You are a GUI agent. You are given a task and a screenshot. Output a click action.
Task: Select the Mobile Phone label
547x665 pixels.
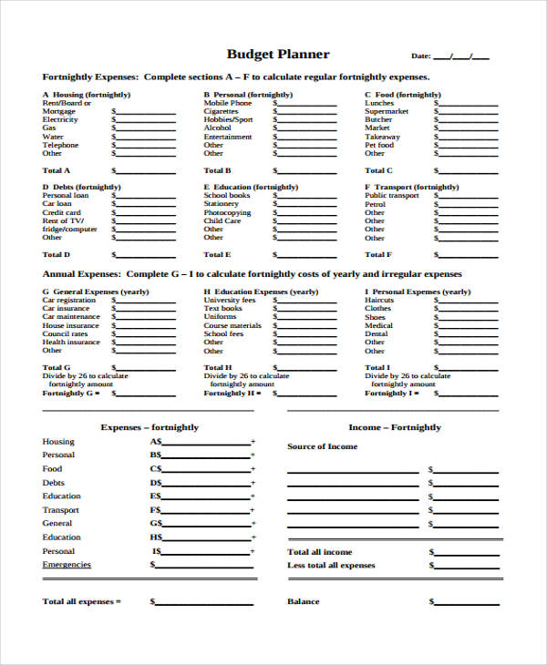pos(228,103)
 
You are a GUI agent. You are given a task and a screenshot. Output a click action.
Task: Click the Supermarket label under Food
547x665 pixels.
pos(387,111)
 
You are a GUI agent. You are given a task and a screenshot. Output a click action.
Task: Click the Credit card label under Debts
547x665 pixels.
pos(62,212)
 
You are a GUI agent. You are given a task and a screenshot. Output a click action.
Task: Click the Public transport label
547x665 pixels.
pos(392,195)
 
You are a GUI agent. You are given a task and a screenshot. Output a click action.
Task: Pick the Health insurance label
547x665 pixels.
pos(71,342)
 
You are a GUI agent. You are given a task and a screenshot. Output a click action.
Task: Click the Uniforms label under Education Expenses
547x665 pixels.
pos(220,317)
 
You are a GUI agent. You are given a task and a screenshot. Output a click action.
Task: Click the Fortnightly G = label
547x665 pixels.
pos(68,393)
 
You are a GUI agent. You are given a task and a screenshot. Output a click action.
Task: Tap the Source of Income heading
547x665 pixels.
pos(323,446)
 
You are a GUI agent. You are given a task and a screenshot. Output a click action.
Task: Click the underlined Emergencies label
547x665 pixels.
pos(67,565)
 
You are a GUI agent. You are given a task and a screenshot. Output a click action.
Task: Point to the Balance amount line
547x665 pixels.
pos(466,602)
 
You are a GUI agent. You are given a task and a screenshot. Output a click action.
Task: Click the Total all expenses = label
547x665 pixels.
pos(81,601)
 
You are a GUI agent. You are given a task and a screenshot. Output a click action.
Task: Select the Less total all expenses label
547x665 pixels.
pos(331,565)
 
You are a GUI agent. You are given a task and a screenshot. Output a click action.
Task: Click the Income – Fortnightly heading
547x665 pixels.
pos(394,426)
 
